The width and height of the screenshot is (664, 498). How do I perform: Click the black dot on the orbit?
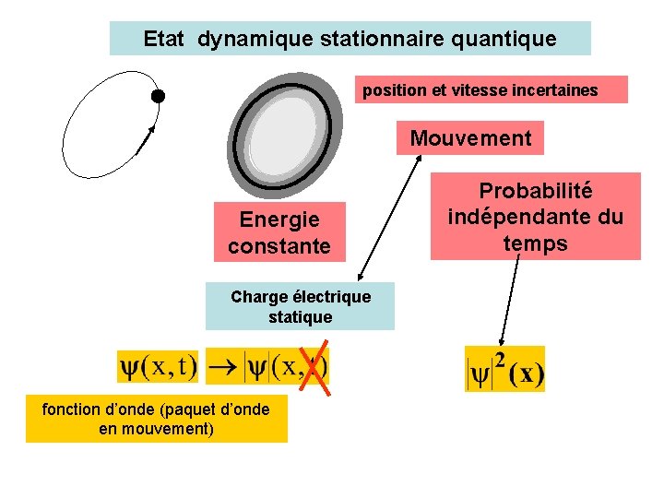pos(158,96)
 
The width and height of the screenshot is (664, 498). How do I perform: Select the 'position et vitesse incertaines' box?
pos(480,90)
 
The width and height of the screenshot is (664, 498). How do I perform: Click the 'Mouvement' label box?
pos(470,138)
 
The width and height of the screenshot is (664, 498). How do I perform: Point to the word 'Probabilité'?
pos(535,191)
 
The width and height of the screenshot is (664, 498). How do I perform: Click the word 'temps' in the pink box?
pos(535,243)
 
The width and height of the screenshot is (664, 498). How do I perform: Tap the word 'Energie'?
pos(279,219)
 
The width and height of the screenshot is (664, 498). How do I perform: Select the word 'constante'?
pos(279,246)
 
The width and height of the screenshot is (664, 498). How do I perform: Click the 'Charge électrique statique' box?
pos(300,306)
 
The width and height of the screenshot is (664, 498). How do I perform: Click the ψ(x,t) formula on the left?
pos(158,366)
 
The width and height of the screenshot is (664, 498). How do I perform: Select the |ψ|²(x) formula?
pos(505,369)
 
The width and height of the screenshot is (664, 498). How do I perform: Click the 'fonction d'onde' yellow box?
pos(156,419)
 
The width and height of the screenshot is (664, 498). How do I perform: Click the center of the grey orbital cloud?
pos(284,136)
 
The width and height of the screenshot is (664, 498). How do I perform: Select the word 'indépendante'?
pos(535,218)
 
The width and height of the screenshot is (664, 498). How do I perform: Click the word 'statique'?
pos(300,317)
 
